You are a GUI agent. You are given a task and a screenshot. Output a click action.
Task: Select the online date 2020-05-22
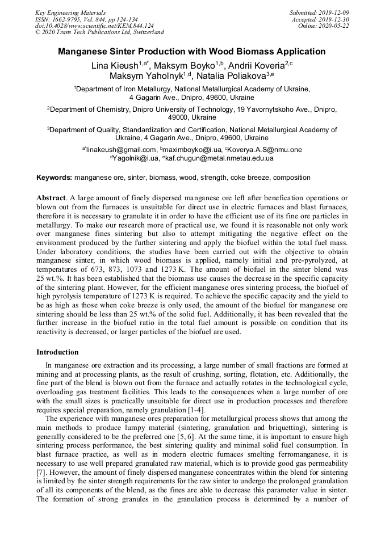tap(336, 26)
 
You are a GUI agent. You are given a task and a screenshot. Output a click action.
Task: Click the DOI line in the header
tap(94, 26)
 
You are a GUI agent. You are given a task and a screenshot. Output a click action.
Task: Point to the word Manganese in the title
tap(86, 52)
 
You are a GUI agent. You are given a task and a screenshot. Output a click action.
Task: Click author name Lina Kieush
tap(114, 66)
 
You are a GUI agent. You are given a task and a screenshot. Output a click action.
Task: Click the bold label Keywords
tap(54, 178)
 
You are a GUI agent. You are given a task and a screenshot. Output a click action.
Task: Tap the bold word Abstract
tap(52, 198)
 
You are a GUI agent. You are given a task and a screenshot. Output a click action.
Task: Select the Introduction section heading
tap(57, 352)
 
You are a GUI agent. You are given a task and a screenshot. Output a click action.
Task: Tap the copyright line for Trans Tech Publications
tap(99, 32)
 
